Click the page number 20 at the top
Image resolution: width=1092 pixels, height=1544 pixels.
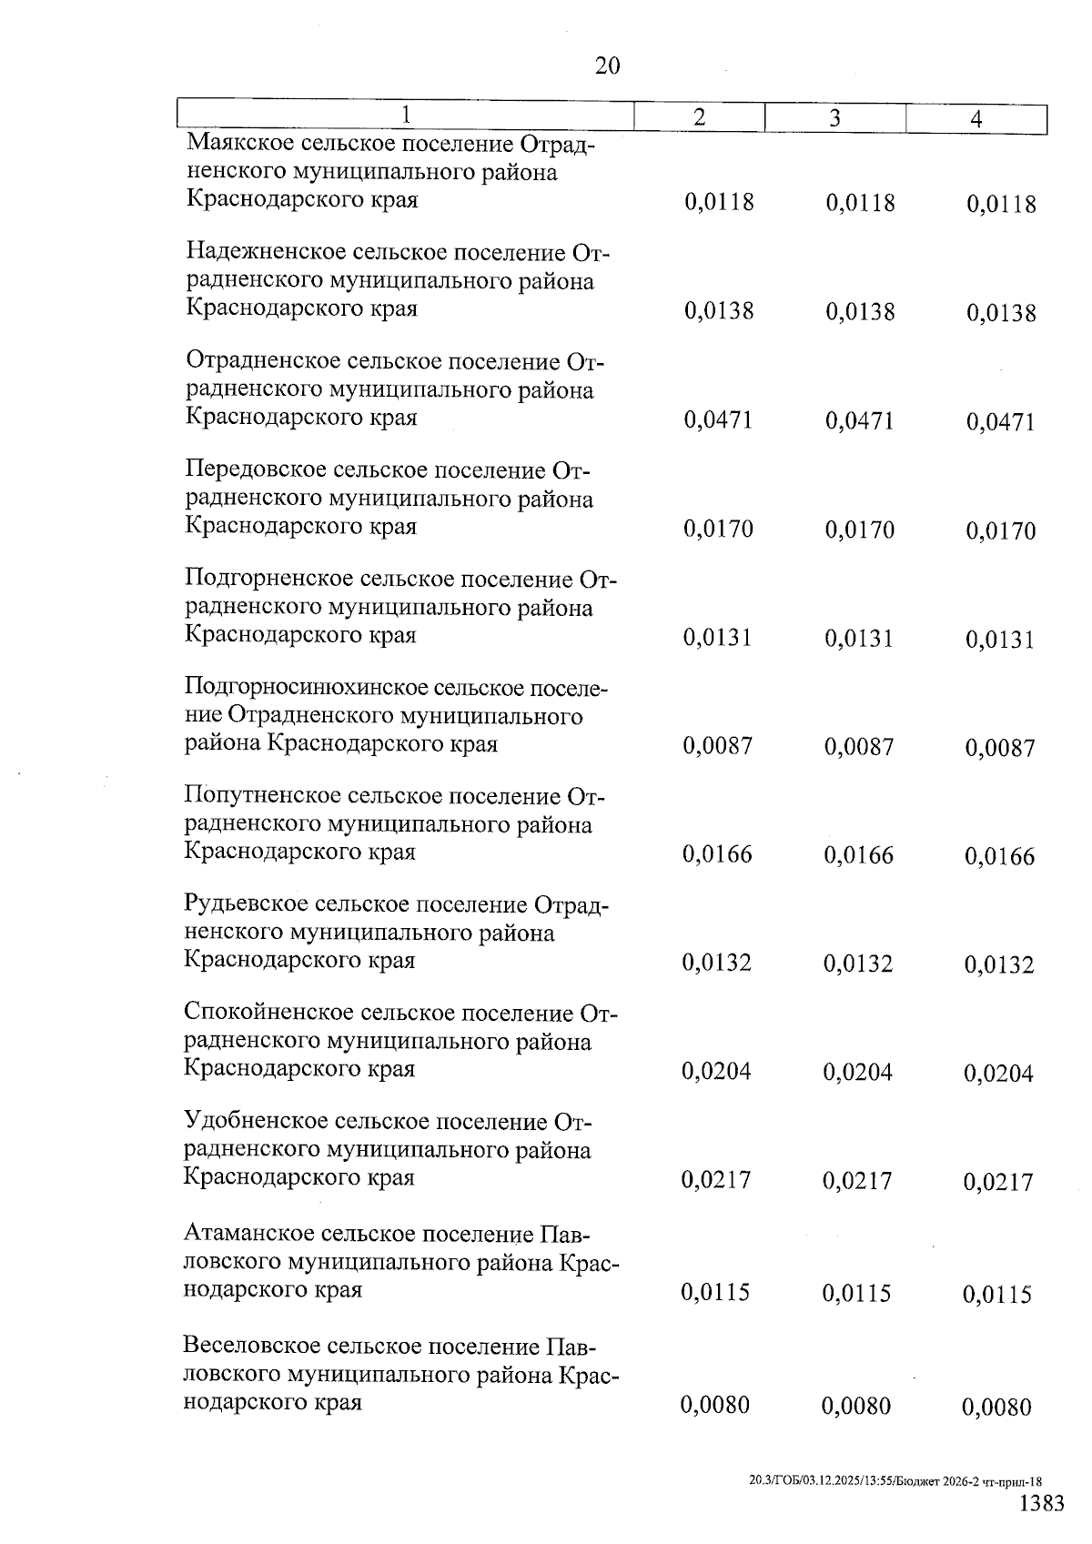tap(607, 66)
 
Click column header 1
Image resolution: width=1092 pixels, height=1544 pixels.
tap(406, 115)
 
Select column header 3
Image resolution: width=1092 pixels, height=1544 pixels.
tap(834, 118)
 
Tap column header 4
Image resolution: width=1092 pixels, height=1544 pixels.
tap(976, 119)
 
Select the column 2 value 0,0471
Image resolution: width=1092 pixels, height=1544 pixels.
tap(718, 419)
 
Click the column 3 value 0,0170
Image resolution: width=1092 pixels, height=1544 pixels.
tap(860, 529)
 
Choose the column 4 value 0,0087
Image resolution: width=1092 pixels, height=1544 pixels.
tap(1000, 748)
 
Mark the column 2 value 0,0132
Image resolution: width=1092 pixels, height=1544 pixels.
tap(717, 963)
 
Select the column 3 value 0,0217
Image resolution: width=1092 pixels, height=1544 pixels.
tap(857, 1180)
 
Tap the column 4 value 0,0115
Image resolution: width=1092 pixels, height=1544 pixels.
tap(997, 1294)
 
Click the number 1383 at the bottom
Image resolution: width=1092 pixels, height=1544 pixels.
tap(1041, 1502)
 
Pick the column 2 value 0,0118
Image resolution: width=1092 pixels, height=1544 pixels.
tap(719, 201)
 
